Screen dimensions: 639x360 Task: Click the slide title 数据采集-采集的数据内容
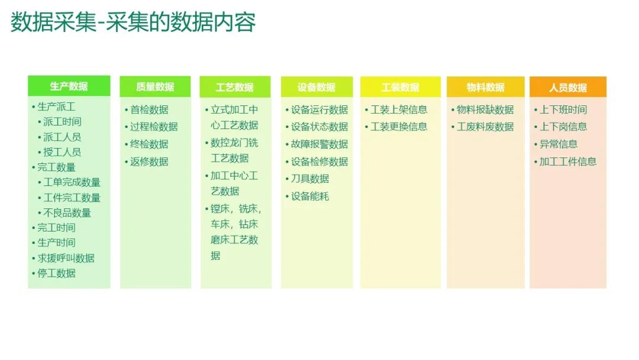pyautogui.click(x=133, y=22)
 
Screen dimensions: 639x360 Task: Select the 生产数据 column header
pyautogui.click(x=69, y=86)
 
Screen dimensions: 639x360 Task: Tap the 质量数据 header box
pyautogui.click(x=155, y=86)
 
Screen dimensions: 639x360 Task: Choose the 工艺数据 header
pyautogui.click(x=235, y=87)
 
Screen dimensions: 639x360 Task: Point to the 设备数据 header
pyautogui.click(x=317, y=87)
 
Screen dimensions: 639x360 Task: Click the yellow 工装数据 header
pyautogui.click(x=400, y=87)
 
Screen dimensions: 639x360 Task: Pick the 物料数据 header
pyautogui.click(x=485, y=87)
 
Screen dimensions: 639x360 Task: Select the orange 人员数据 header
pyautogui.click(x=567, y=87)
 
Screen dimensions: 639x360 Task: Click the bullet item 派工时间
pyautogui.click(x=62, y=121)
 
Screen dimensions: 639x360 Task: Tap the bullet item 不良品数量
pyautogui.click(x=67, y=213)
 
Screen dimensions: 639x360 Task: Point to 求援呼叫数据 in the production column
pyautogui.click(x=66, y=258)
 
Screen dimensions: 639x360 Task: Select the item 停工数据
pyautogui.click(x=57, y=273)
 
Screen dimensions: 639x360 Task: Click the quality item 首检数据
pyautogui.click(x=149, y=110)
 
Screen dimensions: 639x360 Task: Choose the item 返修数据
pyautogui.click(x=149, y=162)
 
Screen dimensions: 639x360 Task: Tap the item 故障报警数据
pyautogui.click(x=319, y=144)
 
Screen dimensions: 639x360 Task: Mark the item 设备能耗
pyautogui.click(x=309, y=197)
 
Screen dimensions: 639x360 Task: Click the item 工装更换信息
pyautogui.click(x=399, y=127)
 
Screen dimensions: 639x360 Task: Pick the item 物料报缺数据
pyautogui.click(x=485, y=110)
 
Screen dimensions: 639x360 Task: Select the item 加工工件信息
pyautogui.click(x=567, y=162)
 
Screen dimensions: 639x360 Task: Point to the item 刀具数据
pyautogui.click(x=309, y=179)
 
